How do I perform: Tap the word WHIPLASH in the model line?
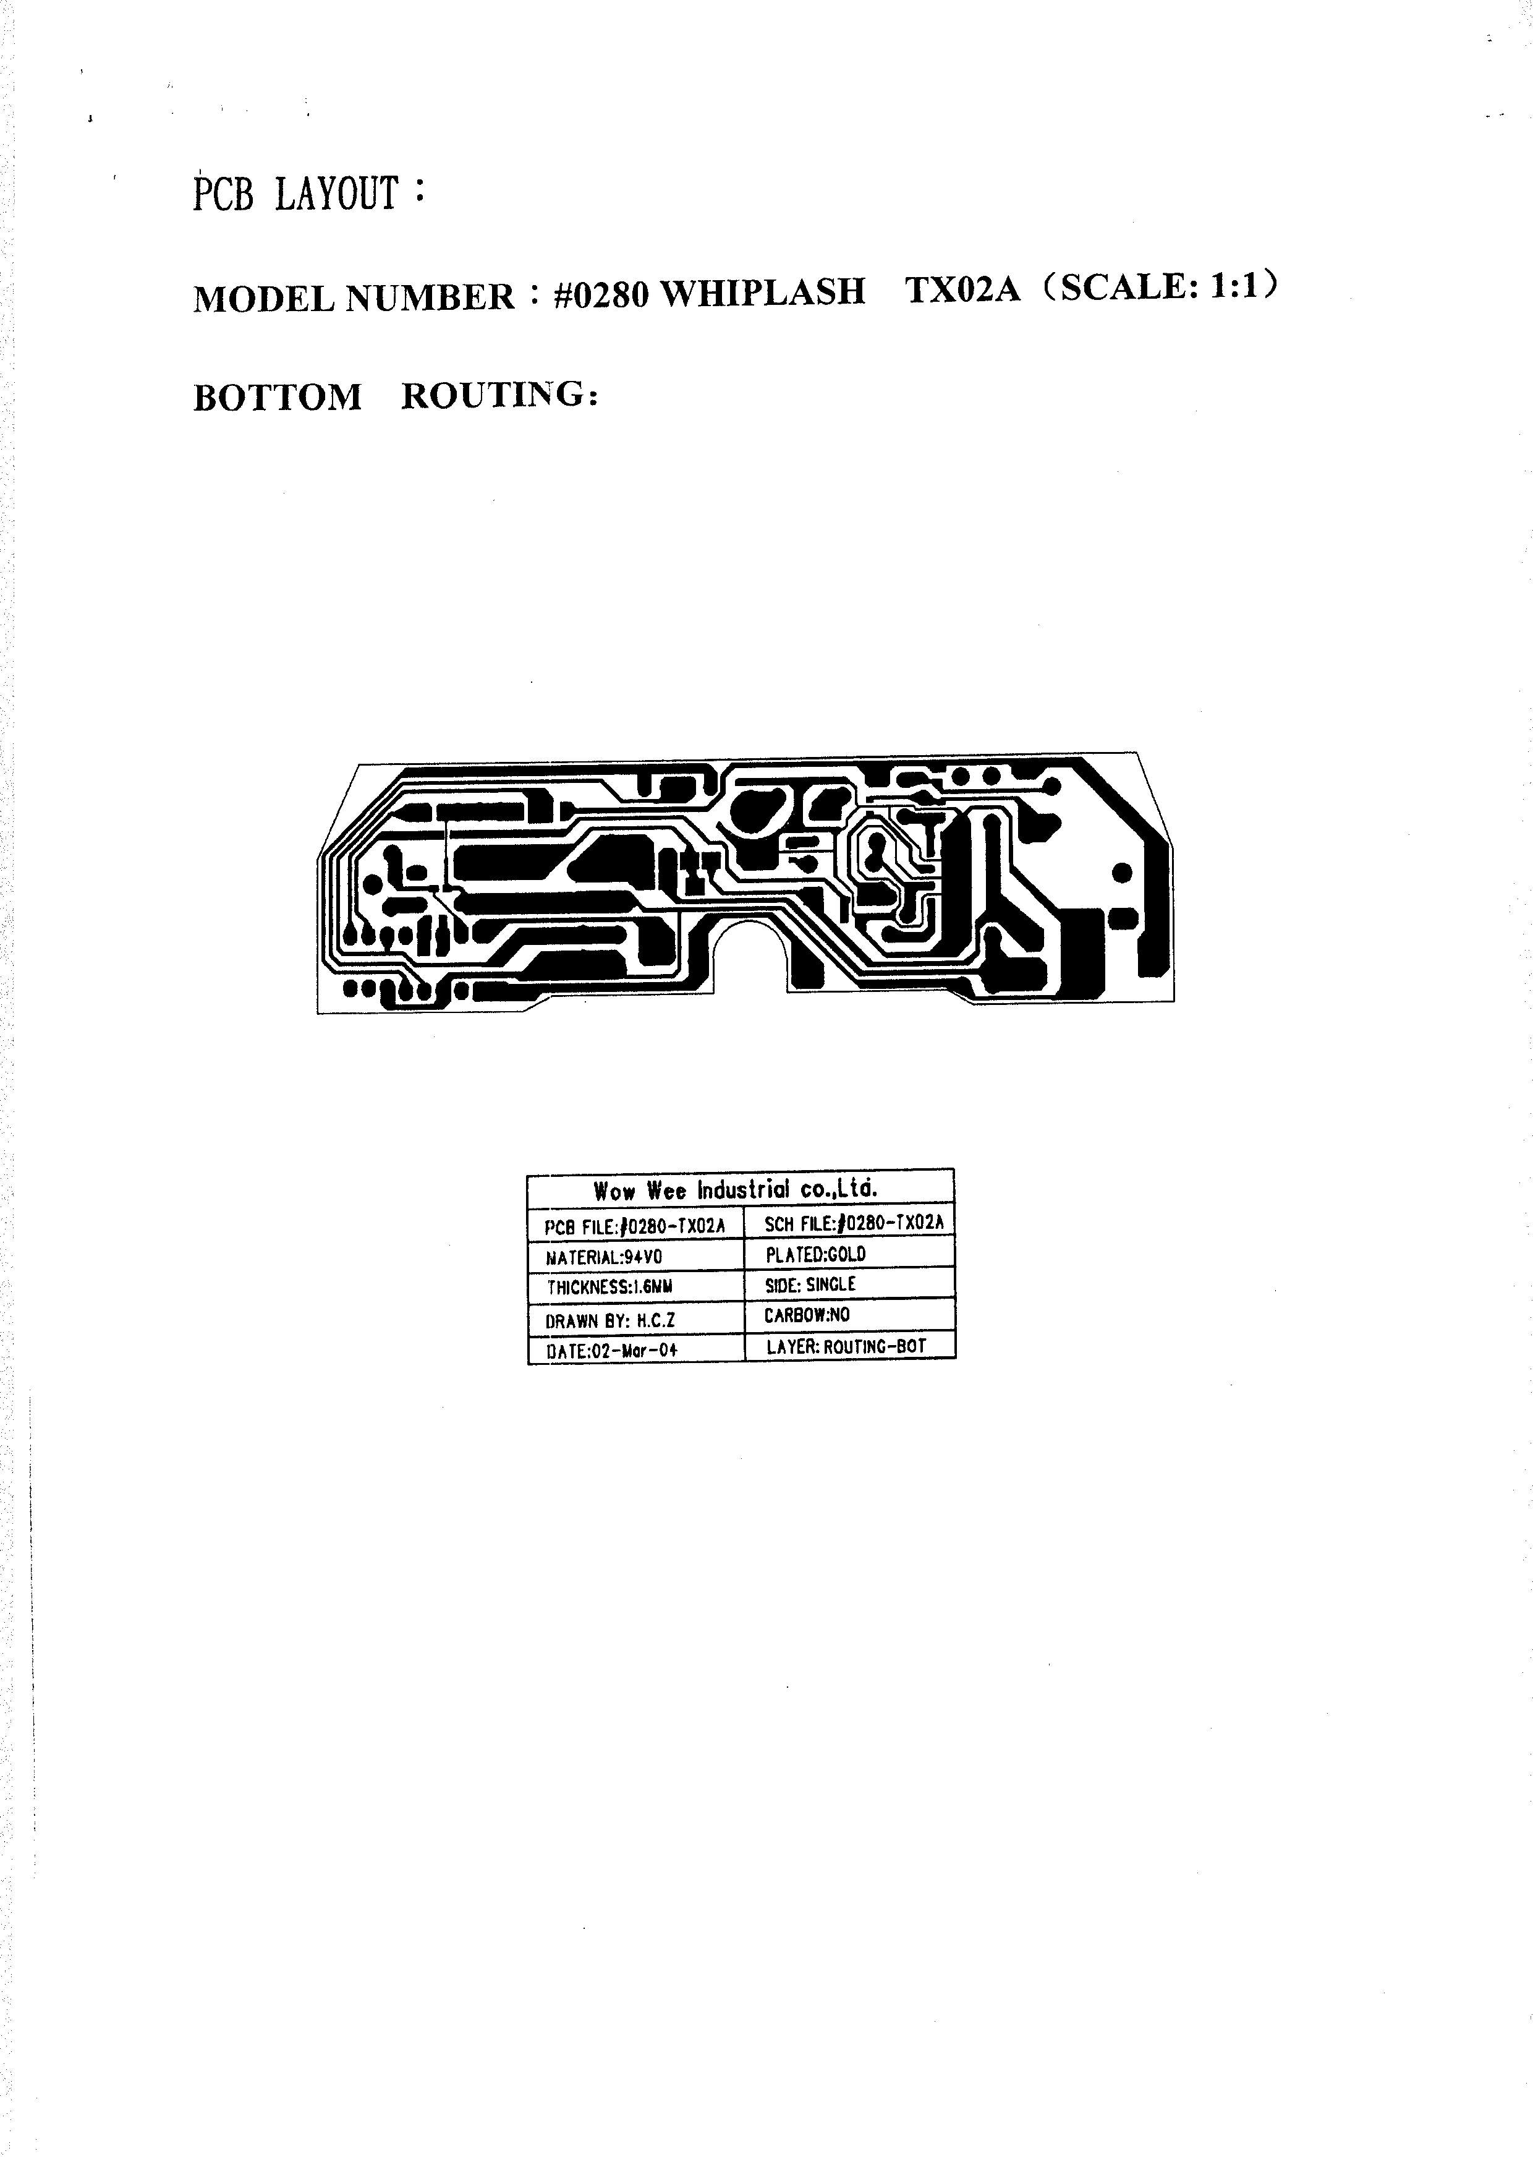click(762, 292)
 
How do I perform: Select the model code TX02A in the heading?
click(963, 289)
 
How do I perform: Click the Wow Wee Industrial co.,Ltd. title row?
click(736, 1189)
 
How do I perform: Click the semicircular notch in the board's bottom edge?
click(750, 954)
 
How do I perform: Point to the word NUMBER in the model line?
click(430, 297)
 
